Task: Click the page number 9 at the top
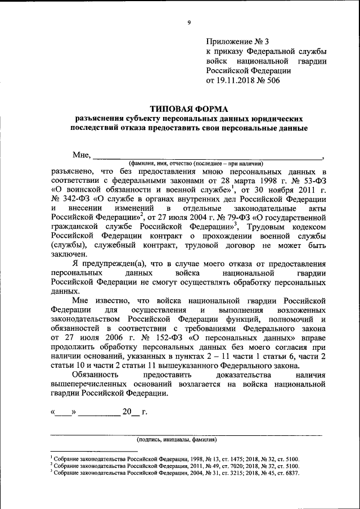point(189,22)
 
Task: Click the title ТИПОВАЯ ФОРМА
point(190,108)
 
